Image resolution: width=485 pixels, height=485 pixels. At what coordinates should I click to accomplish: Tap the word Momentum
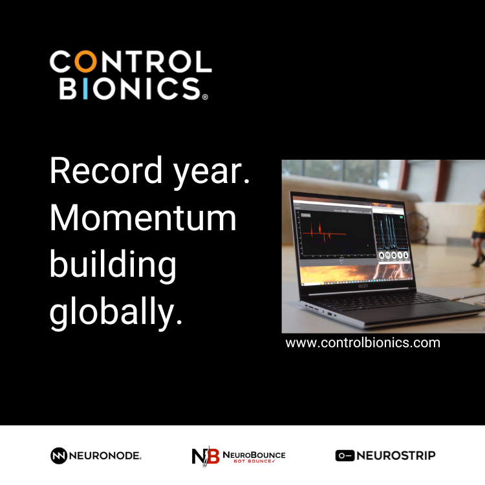coord(143,219)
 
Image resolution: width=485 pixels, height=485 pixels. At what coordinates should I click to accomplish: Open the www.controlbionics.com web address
coord(363,343)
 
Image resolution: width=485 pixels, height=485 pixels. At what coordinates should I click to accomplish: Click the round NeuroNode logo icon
coord(59,456)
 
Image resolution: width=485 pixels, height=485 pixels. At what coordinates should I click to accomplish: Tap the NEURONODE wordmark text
coord(105,456)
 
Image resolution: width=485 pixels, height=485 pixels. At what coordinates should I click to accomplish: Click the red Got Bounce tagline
coord(253,462)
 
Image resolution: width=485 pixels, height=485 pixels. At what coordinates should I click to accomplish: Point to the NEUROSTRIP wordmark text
coord(396,456)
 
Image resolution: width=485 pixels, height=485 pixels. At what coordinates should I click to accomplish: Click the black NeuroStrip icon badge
coord(345,456)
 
